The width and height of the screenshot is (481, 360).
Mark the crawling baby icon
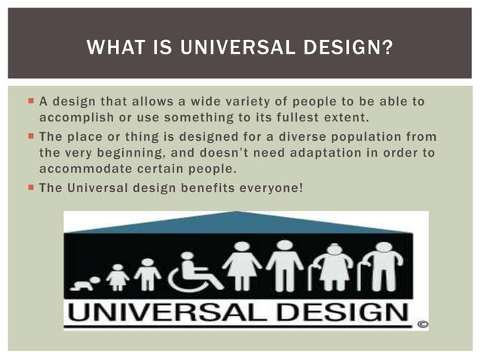(84, 283)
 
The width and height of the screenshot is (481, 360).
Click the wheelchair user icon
(193, 271)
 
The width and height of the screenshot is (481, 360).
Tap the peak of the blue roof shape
(239, 213)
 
